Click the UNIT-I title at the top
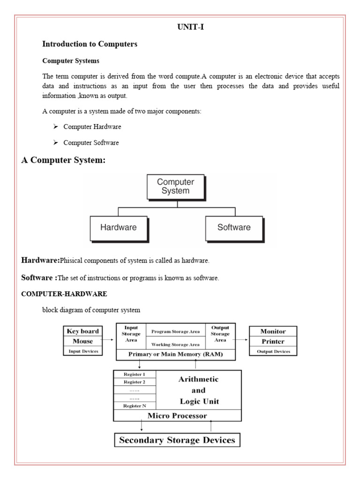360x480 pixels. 190,27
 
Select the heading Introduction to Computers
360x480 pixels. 90,44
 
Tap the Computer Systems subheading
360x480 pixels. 71,61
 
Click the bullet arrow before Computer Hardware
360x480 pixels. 55,127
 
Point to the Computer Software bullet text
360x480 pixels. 91,142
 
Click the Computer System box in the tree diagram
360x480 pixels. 175,187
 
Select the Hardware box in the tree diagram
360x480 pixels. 119,228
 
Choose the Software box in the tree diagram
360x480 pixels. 234,228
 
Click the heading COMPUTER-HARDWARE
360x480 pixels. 64,294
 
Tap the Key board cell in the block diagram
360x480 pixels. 82,331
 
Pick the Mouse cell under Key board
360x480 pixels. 82,341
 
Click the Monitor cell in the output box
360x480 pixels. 273,331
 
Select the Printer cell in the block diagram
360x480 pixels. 273,341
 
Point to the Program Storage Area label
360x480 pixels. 175,331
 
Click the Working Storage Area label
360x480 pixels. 175,344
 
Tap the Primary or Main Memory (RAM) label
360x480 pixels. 175,355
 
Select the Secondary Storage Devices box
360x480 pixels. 178,440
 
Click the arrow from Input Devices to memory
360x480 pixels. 109,339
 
